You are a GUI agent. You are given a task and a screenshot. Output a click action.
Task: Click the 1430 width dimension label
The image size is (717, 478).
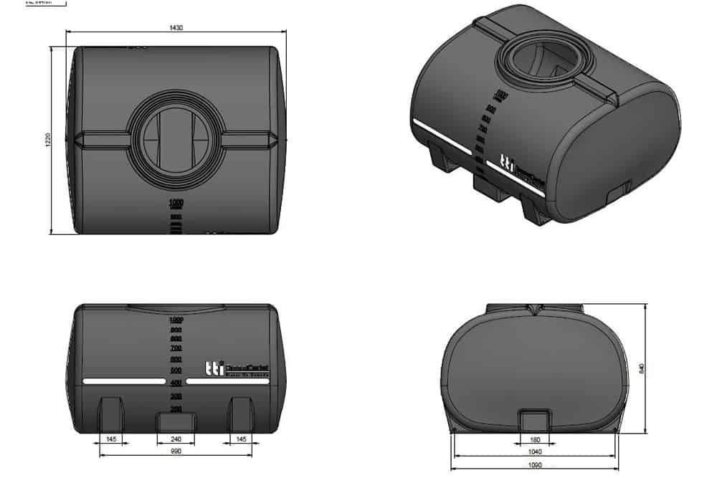click(x=176, y=28)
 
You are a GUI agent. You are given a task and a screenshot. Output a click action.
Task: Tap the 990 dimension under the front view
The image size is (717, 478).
click(x=176, y=452)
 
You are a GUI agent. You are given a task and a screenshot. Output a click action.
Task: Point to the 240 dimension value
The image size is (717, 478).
click(x=176, y=439)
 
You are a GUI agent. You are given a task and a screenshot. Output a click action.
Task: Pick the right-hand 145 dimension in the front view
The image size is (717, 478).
click(x=241, y=439)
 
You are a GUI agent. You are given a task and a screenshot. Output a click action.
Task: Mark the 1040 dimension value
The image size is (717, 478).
click(x=535, y=452)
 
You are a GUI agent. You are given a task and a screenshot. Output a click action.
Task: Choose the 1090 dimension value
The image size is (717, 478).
click(x=535, y=466)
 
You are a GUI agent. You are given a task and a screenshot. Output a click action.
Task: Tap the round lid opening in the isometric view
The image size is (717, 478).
click(x=536, y=62)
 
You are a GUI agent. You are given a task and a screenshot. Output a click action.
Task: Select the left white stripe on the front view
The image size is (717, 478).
click(x=123, y=381)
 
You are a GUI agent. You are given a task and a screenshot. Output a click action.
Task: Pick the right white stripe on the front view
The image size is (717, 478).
click(x=229, y=381)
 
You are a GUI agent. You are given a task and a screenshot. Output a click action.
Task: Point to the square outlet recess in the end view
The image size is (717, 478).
click(x=535, y=421)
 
